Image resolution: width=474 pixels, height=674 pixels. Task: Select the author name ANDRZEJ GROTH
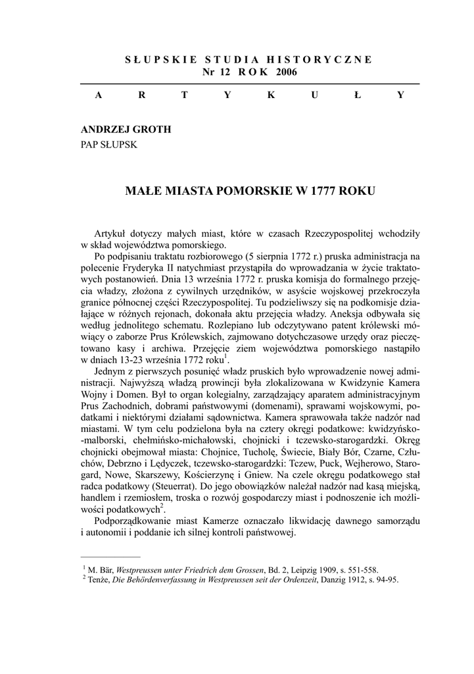pyautogui.click(x=126, y=130)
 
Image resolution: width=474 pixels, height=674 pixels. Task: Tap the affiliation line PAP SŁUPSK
pyautogui.click(x=108, y=145)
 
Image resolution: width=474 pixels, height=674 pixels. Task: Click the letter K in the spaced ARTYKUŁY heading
pyautogui.click(x=270, y=95)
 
